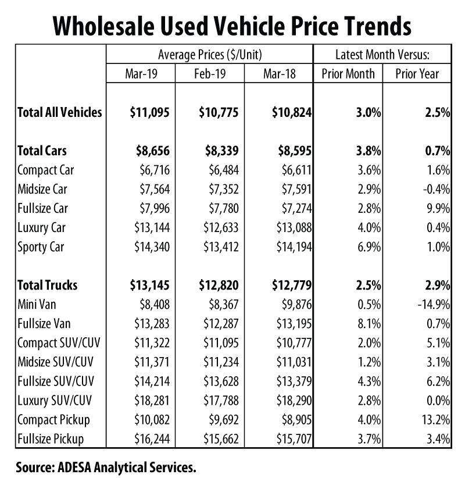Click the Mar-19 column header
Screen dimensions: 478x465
tap(141, 74)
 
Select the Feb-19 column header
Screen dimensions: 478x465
tap(210, 74)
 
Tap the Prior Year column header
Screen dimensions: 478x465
tap(417, 74)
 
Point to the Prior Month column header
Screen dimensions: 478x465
tap(348, 74)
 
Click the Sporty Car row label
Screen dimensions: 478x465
tap(41, 247)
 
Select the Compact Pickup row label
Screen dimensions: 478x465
tap(52, 420)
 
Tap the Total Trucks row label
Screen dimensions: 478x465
tap(47, 285)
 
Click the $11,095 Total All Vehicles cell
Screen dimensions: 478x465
tap(149, 112)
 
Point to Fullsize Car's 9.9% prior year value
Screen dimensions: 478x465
tap(439, 208)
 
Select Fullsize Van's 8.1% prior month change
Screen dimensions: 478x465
tap(370, 324)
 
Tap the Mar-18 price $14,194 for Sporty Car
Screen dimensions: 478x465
tap(292, 247)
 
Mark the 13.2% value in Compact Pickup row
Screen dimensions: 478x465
tap(437, 420)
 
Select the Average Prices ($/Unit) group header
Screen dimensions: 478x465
tap(210, 55)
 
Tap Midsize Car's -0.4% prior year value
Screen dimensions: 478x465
tap(437, 189)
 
